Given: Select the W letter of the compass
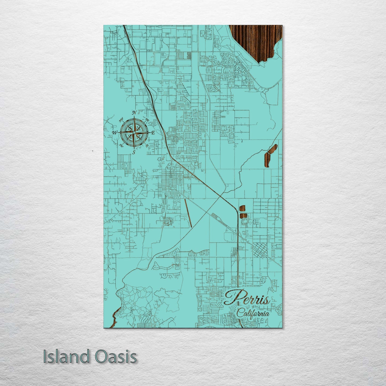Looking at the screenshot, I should coord(115,132).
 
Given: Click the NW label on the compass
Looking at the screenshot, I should coord(121,119).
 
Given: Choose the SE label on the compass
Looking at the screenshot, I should coord(147,146).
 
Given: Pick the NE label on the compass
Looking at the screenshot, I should coord(147,120).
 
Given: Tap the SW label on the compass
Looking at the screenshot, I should coord(121,146).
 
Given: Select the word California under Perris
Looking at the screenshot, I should coord(253,313).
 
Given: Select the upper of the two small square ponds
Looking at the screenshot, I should coord(242,208).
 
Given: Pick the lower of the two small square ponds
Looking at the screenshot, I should coord(242,215).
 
